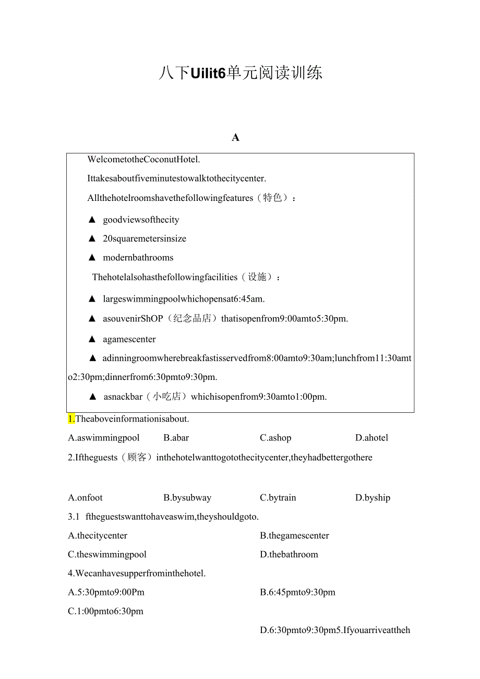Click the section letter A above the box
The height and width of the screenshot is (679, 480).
tap(235, 138)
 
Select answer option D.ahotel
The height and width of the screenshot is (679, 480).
tap(371, 438)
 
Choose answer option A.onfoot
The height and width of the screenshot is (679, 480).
tap(86, 498)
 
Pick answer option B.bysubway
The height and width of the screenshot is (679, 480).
tap(187, 498)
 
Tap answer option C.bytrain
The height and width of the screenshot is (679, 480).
tap(278, 498)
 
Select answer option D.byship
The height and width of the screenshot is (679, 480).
tap(373, 498)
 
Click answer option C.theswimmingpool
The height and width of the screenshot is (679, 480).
tap(107, 555)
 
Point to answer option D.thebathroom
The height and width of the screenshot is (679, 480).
tap(289, 555)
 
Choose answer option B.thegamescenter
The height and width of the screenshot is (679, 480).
tap(294, 536)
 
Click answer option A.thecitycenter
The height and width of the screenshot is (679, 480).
tap(98, 536)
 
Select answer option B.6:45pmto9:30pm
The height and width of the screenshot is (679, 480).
tap(297, 592)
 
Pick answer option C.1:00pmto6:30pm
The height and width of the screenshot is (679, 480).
tap(105, 611)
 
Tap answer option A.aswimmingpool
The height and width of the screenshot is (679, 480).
tap(104, 438)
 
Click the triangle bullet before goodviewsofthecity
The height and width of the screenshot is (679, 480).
tap(92, 220)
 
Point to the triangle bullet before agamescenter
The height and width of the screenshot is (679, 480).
tap(92, 339)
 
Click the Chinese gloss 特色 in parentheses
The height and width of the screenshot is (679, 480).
tap(272, 198)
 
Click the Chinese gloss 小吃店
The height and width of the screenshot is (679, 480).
tap(166, 397)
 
